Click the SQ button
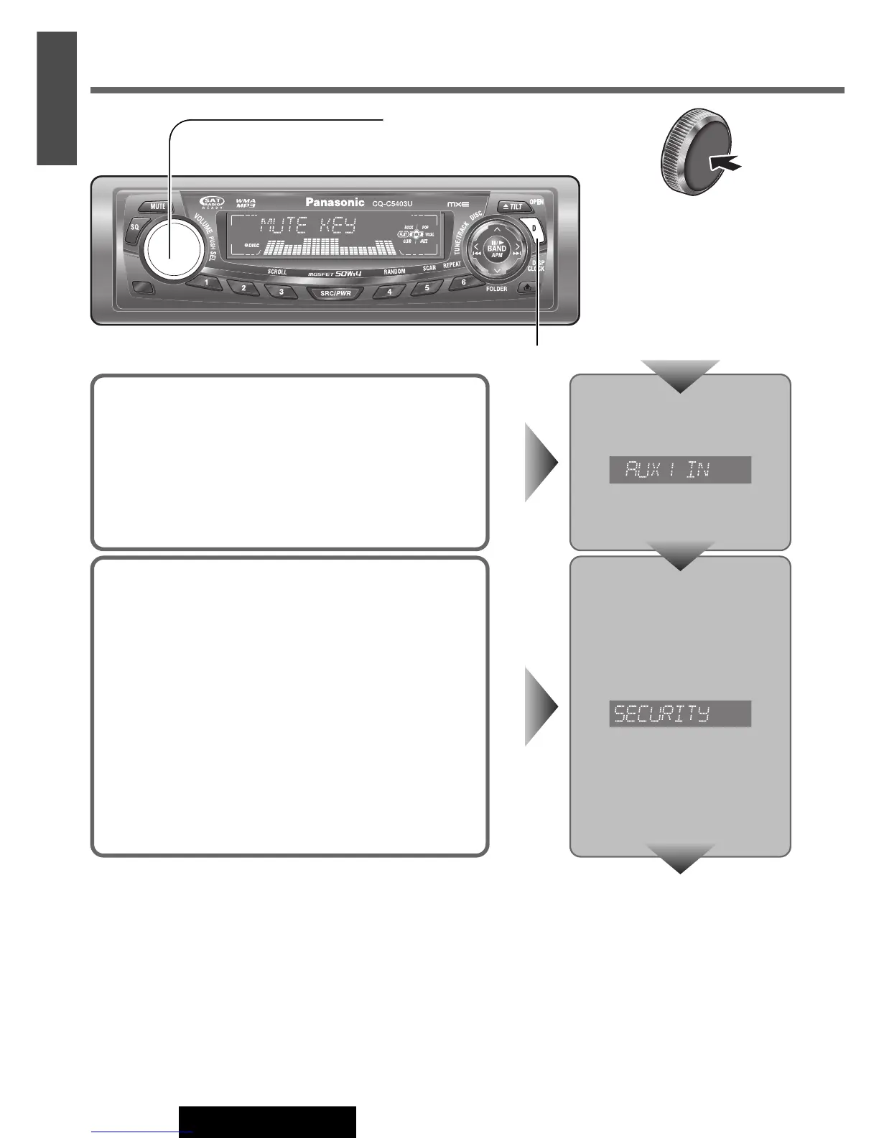pyautogui.click(x=134, y=227)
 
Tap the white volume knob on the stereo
pyautogui.click(x=172, y=248)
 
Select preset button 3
pyautogui.click(x=281, y=292)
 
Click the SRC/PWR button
pyautogui.click(x=335, y=293)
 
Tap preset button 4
pyautogui.click(x=390, y=292)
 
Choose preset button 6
pyautogui.click(x=463, y=282)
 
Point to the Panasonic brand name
pyautogui.click(x=335, y=203)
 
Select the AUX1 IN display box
pyautogui.click(x=679, y=470)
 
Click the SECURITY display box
pyautogui.click(x=679, y=713)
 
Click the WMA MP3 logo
pyautogui.click(x=246, y=204)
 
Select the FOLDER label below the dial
pyautogui.click(x=496, y=289)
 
